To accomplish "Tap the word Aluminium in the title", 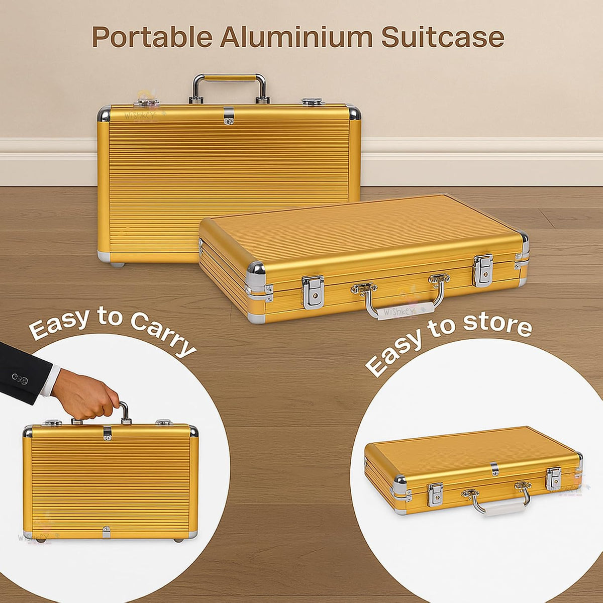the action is [296, 37].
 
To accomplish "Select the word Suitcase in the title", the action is [443, 37].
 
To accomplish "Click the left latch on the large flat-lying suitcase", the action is [313, 292].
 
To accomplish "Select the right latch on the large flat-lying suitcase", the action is [483, 271].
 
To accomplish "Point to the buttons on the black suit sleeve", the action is [20, 379].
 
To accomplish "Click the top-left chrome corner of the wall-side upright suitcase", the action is [104, 114].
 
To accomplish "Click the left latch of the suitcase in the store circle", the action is [436, 495].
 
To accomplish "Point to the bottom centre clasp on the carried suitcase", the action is [107, 532].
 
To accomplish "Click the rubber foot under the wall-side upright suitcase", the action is [118, 265].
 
